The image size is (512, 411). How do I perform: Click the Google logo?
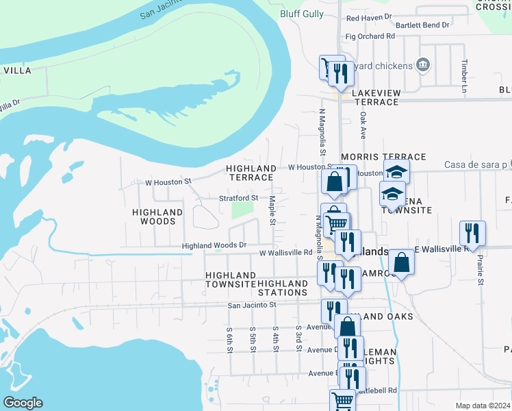(x=23, y=403)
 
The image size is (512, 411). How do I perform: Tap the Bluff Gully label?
(x=300, y=14)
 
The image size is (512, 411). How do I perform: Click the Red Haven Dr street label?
(x=368, y=17)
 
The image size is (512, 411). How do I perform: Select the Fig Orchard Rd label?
(x=370, y=36)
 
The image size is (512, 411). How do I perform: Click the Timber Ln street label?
(x=464, y=75)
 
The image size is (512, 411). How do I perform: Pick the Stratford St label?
(x=238, y=198)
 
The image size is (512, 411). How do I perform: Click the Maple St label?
(x=272, y=210)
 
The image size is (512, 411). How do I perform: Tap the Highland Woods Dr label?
(x=214, y=245)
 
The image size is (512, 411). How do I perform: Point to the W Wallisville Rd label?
(x=285, y=253)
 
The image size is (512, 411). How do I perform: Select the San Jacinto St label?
(x=251, y=305)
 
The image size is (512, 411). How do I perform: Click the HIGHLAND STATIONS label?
(x=283, y=288)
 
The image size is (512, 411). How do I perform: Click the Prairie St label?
(x=481, y=271)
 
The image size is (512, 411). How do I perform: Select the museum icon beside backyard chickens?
(x=423, y=65)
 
